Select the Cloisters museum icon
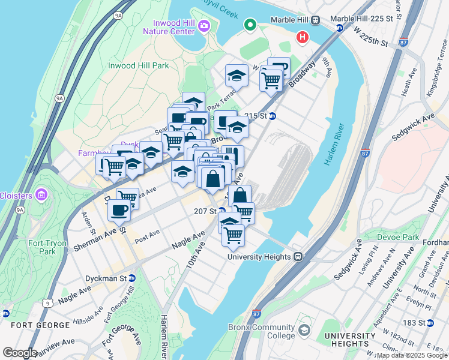[41, 194]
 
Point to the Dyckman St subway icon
[132, 278]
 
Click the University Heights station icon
[298, 257]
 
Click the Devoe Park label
[397, 237]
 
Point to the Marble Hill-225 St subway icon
[339, 28]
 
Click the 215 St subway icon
[272, 116]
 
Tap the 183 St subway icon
[429, 323]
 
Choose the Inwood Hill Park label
[138, 65]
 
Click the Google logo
[20, 353]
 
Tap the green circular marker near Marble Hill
[250, 25]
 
